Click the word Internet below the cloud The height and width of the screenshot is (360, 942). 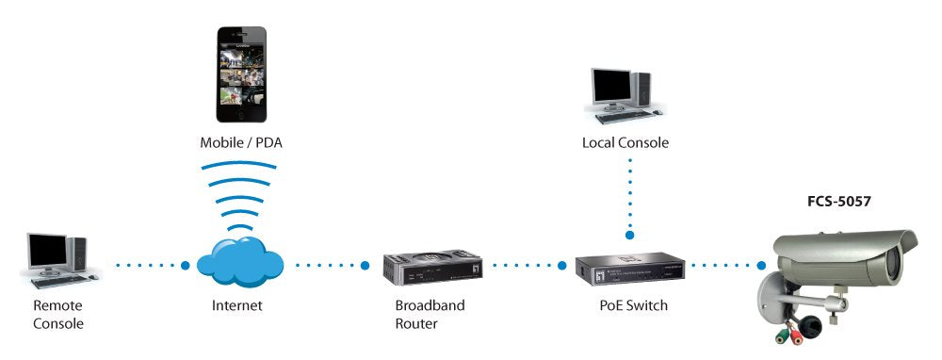[237, 306]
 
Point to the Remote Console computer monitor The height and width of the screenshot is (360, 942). [47, 251]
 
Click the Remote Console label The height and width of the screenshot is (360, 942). [58, 315]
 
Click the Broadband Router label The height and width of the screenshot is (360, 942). [430, 315]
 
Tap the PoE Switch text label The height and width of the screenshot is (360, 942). [632, 306]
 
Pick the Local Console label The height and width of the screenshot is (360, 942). [625, 143]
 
